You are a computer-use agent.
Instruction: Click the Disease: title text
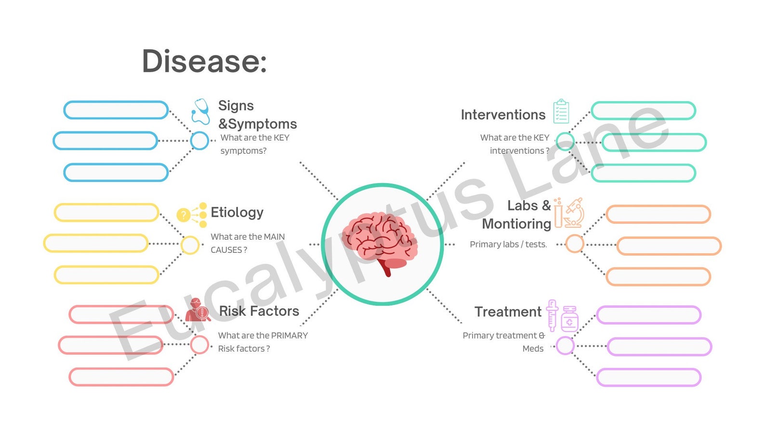(x=204, y=61)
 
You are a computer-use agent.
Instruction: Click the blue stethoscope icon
(x=200, y=111)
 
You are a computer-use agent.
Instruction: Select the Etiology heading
(x=237, y=213)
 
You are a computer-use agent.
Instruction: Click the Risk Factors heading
(x=259, y=311)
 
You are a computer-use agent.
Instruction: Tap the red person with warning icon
(x=198, y=310)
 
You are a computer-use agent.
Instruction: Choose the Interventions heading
(x=503, y=115)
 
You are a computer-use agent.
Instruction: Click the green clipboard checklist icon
(x=561, y=111)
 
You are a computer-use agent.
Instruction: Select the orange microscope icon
(x=574, y=213)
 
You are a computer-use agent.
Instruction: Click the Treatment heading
(x=508, y=312)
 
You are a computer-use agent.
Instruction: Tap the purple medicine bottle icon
(x=569, y=319)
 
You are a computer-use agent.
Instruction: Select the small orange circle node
(x=574, y=236)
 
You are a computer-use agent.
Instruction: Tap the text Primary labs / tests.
(x=508, y=244)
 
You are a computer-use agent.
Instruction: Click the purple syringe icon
(x=552, y=316)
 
